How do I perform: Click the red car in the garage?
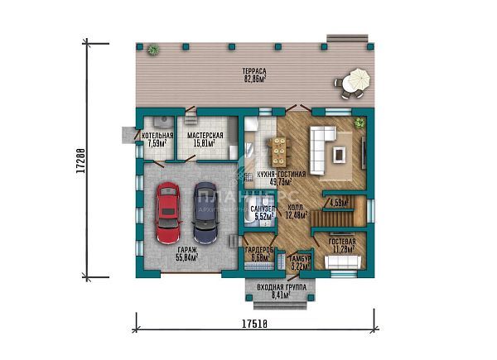pyautogui.click(x=168, y=210)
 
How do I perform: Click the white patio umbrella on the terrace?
pyautogui.click(x=356, y=81)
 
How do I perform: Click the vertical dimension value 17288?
pyautogui.click(x=80, y=162)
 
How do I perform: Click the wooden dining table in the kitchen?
pyautogui.click(x=280, y=151)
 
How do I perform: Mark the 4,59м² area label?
pyautogui.click(x=340, y=202)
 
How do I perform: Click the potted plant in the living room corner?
pyautogui.click(x=359, y=122)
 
